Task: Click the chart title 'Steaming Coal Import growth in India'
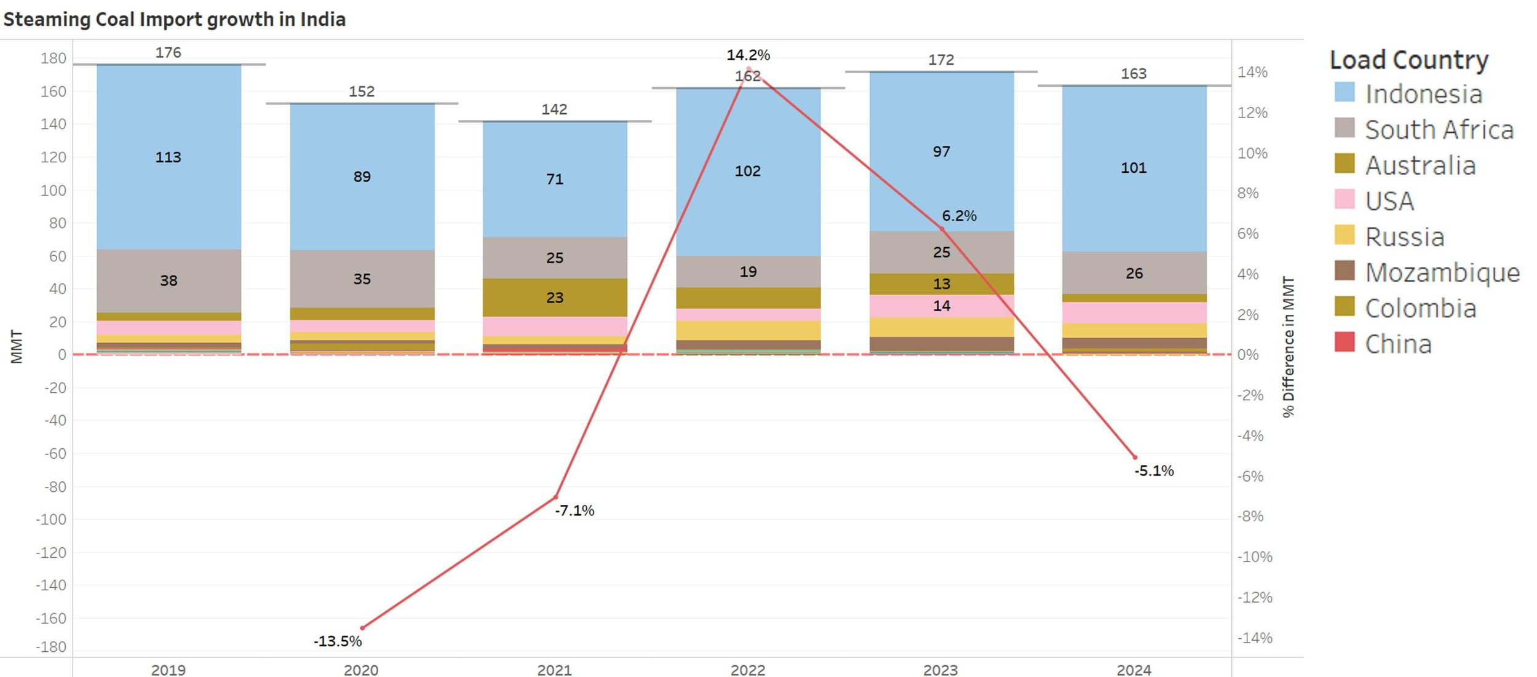[x=174, y=19]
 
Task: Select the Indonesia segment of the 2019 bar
[x=169, y=157]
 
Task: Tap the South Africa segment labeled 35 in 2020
[x=362, y=279]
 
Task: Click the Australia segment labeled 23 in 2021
[x=554, y=298]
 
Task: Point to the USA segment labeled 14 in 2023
[x=941, y=306]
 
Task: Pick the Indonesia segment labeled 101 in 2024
[x=1134, y=168]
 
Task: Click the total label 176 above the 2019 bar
[x=168, y=52]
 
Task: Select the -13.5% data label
[x=338, y=641]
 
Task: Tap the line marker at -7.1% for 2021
[x=555, y=497]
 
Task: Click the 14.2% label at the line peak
[x=748, y=55]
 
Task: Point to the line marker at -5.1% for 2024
[x=1135, y=457]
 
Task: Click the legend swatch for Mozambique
[x=1344, y=271]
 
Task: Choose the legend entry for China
[x=1398, y=344]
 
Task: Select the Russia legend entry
[x=1404, y=237]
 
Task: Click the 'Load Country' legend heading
[x=1408, y=60]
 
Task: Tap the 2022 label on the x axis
[x=747, y=669]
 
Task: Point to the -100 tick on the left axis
[x=51, y=519]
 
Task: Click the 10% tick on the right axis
[x=1252, y=153]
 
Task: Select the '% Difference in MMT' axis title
[x=1288, y=347]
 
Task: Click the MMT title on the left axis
[x=17, y=347]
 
